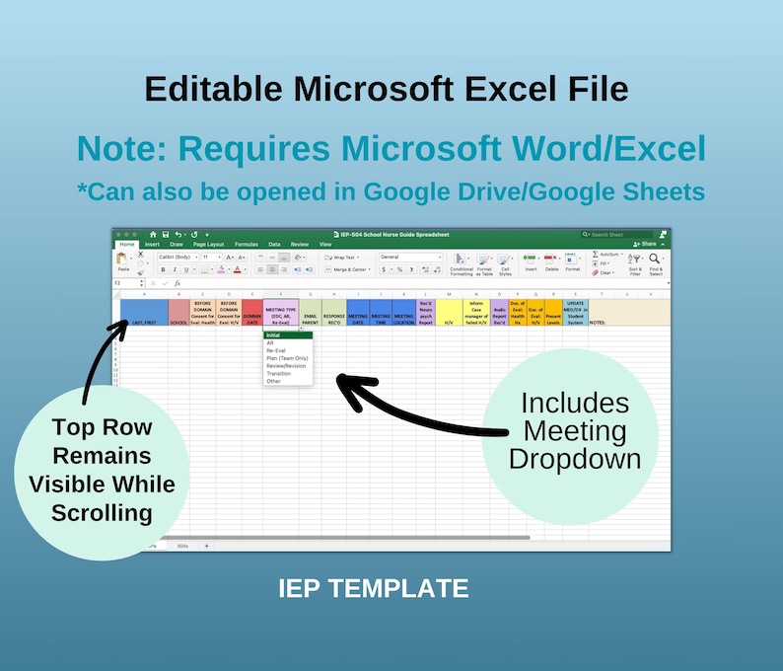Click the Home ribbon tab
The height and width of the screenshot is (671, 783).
click(127, 244)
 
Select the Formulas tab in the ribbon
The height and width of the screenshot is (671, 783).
click(247, 244)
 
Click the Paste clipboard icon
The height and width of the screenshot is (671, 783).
click(123, 261)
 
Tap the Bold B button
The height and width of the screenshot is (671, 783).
click(164, 269)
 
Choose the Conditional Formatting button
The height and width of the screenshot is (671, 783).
click(462, 262)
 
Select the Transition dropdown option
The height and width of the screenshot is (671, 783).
click(279, 374)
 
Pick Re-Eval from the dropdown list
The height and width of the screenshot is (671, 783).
click(276, 350)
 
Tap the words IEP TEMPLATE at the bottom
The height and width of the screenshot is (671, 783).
click(373, 589)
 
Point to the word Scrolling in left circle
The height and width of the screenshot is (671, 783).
click(102, 512)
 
